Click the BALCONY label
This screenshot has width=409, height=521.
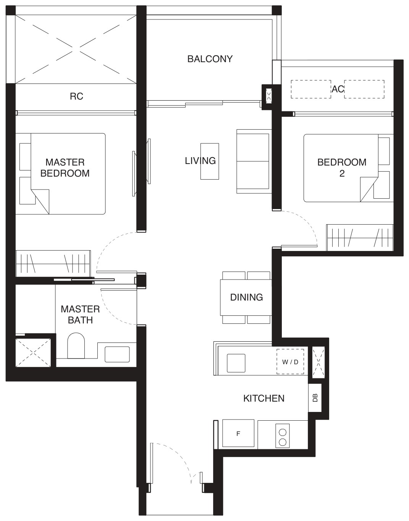[x=210, y=59]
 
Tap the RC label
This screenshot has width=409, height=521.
[x=76, y=96]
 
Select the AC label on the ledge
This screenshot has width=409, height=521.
[x=338, y=89]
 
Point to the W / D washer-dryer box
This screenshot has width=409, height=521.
[x=290, y=362]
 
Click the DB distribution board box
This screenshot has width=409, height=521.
[x=315, y=398]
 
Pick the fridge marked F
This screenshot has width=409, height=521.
[x=238, y=433]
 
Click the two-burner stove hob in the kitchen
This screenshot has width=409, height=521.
[x=283, y=435]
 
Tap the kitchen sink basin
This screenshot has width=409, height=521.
[x=236, y=363]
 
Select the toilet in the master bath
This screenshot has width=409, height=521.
[x=76, y=346]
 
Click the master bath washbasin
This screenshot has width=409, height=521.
[x=117, y=354]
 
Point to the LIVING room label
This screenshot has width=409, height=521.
[x=200, y=161]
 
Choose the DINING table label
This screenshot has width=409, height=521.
[x=246, y=297]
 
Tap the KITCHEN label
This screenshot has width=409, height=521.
[x=264, y=398]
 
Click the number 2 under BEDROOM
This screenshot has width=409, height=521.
[x=342, y=173]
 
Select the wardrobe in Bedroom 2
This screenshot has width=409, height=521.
[x=360, y=238]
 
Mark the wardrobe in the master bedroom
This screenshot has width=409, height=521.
[x=53, y=264]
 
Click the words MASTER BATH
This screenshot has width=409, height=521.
[x=80, y=315]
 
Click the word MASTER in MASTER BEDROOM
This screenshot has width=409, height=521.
[x=65, y=162]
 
